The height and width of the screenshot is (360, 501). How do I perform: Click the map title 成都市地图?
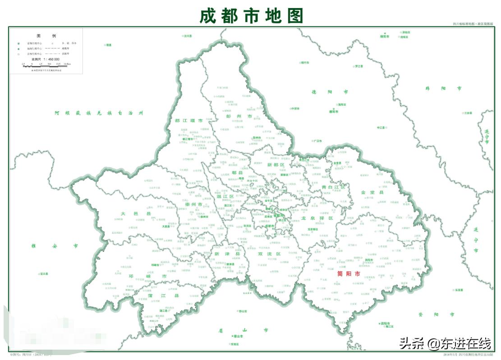(x=251, y=16)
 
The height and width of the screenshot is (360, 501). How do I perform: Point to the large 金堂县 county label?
(x=372, y=192)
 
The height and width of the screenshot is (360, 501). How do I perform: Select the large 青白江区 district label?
(x=333, y=187)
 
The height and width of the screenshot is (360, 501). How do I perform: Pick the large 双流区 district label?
(x=269, y=254)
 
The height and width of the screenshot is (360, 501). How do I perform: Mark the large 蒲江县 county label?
(x=170, y=296)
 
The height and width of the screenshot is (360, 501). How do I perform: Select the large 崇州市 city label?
(x=194, y=204)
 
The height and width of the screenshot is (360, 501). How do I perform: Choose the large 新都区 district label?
(x=276, y=164)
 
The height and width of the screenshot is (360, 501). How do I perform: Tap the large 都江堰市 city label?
(x=188, y=121)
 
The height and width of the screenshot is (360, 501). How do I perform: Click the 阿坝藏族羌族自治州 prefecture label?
(x=98, y=113)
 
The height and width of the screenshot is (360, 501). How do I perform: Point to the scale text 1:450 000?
(x=45, y=59)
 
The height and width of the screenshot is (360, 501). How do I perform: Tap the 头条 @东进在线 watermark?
(x=445, y=344)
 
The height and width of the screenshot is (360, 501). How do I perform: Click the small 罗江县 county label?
(x=359, y=66)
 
